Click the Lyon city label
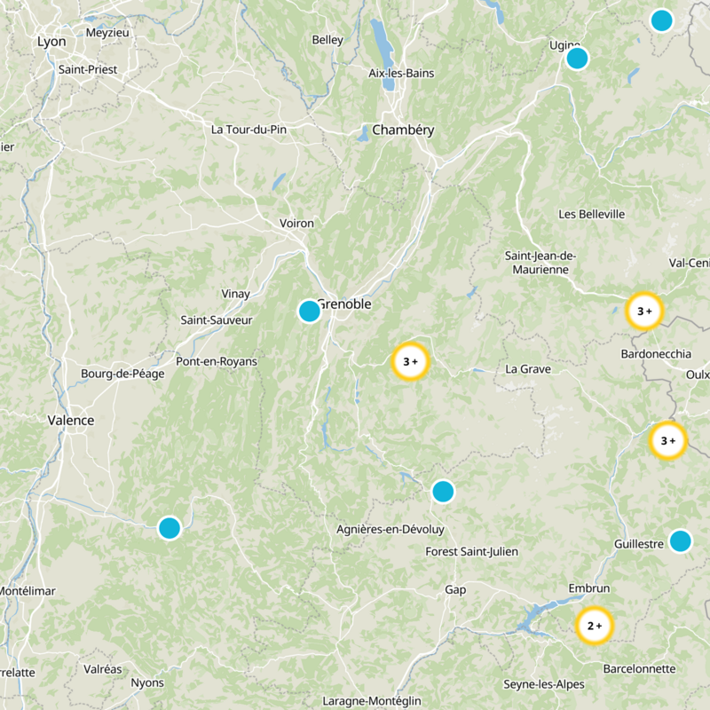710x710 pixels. (x=51, y=41)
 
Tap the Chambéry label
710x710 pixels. (x=403, y=130)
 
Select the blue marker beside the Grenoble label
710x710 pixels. (x=309, y=311)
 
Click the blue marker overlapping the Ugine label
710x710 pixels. (x=577, y=59)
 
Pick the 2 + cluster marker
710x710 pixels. (x=595, y=626)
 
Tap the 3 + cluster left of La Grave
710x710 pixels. (x=410, y=361)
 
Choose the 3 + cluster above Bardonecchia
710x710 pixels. (x=644, y=311)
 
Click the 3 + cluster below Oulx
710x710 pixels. (x=667, y=440)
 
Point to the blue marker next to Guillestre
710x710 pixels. (x=680, y=540)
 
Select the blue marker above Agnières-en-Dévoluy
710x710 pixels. (x=443, y=491)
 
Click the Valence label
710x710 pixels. (x=71, y=420)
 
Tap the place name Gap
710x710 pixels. (x=455, y=589)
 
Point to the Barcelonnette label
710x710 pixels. (x=639, y=668)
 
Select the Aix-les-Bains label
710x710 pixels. (x=401, y=73)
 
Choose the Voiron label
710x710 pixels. (x=296, y=224)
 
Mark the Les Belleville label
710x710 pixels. (x=591, y=214)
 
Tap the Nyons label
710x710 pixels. (x=147, y=682)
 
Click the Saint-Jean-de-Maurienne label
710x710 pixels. (x=540, y=263)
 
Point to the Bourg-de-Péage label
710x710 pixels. (x=118, y=374)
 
